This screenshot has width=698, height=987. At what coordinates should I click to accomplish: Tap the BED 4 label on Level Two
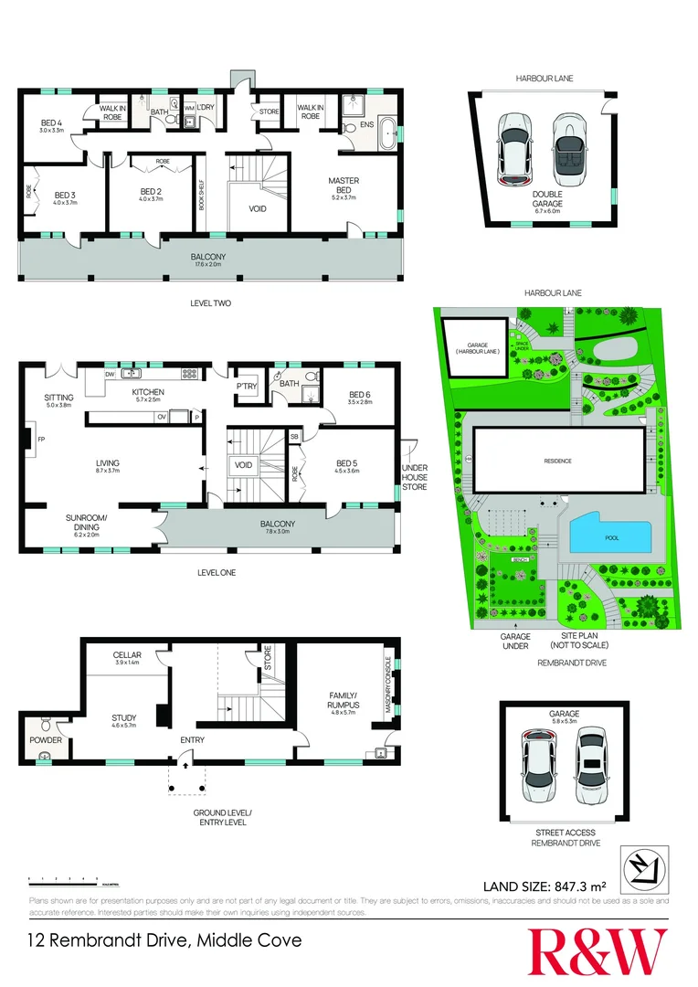point(51,126)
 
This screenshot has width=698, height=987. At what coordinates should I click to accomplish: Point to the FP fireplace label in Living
point(42,439)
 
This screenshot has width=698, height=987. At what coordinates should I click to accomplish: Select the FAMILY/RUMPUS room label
point(344,701)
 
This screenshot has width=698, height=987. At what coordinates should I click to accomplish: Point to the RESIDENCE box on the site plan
point(557,461)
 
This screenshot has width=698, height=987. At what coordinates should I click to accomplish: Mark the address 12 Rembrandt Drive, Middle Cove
point(164,939)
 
